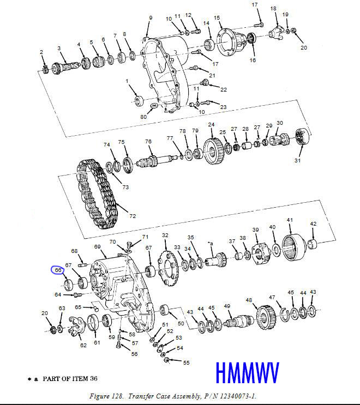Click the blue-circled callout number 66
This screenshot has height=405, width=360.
57,269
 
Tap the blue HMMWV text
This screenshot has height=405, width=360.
247,373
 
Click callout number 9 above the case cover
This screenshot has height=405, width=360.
151,18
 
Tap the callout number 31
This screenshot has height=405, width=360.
297,160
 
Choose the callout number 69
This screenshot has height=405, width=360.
98,247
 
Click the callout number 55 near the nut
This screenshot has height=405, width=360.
187,362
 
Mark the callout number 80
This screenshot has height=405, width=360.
143,116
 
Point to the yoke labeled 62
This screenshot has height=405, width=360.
78,329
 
